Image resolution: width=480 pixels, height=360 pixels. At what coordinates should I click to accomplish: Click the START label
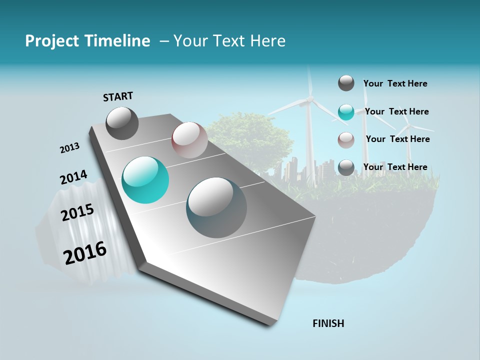[x=118, y=96]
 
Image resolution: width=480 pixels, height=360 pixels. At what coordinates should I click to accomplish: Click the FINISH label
[x=328, y=323]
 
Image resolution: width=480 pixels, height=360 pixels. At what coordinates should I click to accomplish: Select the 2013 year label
[x=69, y=148]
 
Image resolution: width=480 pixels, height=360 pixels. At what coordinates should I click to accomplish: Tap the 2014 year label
[x=73, y=177]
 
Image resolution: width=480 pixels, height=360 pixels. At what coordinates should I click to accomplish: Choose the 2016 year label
[x=85, y=253]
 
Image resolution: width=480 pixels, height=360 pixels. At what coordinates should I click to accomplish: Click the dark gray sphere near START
[x=122, y=123]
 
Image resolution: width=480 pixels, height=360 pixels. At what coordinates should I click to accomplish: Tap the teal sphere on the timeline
[x=145, y=180]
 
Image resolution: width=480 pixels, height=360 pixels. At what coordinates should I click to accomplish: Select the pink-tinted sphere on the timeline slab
[x=189, y=140]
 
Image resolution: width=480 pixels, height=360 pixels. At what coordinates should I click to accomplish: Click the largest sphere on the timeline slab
[x=216, y=207]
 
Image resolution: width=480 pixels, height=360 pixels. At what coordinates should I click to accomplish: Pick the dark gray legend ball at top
[x=346, y=83]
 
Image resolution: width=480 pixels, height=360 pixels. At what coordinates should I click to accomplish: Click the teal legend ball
[x=346, y=112]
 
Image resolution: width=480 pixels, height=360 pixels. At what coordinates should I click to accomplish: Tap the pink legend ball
[x=346, y=140]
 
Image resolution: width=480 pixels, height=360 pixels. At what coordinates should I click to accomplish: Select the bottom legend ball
[x=346, y=167]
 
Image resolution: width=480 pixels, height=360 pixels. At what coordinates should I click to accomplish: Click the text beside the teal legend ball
[x=396, y=111]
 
